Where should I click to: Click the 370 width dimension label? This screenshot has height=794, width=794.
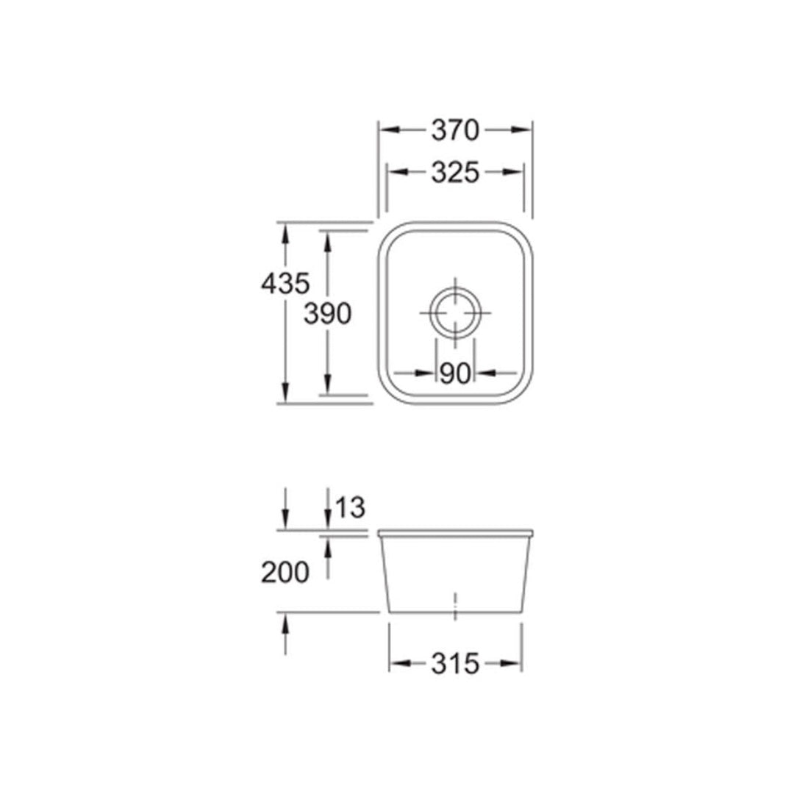pyautogui.click(x=455, y=130)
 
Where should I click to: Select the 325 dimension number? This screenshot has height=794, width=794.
pyautogui.click(x=455, y=173)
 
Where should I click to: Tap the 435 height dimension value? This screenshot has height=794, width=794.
pyautogui.click(x=285, y=282)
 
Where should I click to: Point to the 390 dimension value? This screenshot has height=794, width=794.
pyautogui.click(x=327, y=314)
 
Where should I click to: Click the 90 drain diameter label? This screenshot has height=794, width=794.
pyautogui.click(x=455, y=373)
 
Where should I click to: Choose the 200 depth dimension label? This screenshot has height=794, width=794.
pyautogui.click(x=285, y=572)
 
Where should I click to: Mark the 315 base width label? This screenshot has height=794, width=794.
pyautogui.click(x=455, y=664)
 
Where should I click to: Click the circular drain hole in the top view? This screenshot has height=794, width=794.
pyautogui.click(x=455, y=313)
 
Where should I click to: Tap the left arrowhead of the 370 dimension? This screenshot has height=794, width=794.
pyautogui.click(x=387, y=130)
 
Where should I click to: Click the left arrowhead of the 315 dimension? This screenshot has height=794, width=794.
pyautogui.click(x=398, y=664)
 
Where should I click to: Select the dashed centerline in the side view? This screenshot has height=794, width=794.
pyautogui.click(x=456, y=604)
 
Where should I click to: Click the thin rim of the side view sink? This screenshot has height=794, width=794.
pyautogui.click(x=456, y=531)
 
